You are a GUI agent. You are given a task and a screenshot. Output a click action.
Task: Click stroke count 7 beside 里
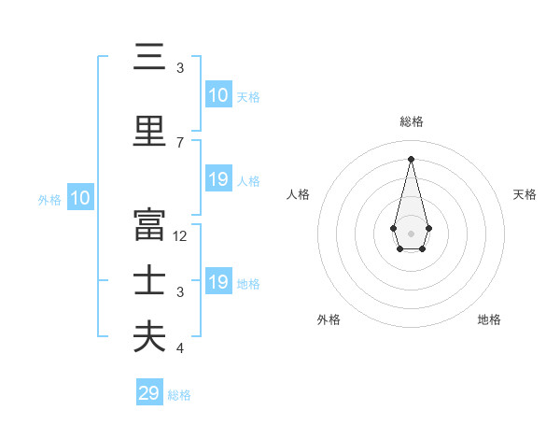(x=180, y=143)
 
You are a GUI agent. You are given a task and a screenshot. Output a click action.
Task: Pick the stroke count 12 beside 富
(x=180, y=236)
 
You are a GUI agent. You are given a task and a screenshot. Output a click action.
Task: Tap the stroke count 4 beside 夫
(x=180, y=348)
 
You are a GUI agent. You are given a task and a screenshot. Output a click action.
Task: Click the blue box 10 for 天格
(x=217, y=95)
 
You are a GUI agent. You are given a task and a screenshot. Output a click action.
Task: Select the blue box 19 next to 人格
(x=217, y=179)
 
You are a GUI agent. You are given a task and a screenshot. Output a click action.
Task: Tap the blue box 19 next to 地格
(x=217, y=282)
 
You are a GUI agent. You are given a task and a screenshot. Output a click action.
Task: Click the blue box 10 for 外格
(x=80, y=198)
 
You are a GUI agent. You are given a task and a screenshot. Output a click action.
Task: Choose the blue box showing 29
(x=149, y=393)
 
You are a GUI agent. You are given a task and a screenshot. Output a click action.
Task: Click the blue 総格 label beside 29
(x=179, y=395)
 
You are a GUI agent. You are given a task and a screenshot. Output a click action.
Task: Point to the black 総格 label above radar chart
(x=412, y=121)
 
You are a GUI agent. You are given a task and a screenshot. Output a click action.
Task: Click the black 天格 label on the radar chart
(x=525, y=194)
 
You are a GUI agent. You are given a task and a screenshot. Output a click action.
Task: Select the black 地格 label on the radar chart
(x=489, y=320)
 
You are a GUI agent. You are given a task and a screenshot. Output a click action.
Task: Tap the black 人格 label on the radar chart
(x=299, y=194)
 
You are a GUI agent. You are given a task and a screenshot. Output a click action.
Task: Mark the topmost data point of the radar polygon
(x=411, y=158)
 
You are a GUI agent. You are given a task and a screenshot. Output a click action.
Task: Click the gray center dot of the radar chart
(x=411, y=233)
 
